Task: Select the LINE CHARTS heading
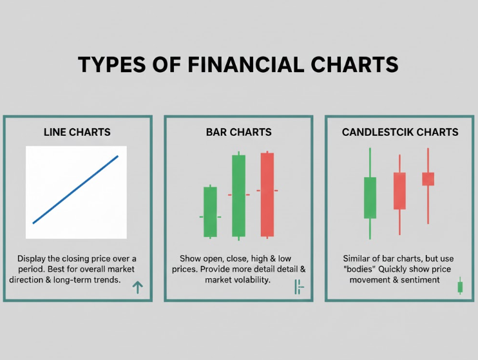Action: (77, 132)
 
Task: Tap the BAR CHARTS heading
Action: (238, 132)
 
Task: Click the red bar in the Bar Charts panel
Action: (267, 194)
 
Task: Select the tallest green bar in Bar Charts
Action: (238, 194)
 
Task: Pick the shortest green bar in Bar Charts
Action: (210, 211)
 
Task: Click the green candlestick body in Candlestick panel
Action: (370, 197)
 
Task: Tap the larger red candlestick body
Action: (399, 191)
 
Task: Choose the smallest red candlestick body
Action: (428, 178)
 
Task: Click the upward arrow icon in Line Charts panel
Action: (137, 288)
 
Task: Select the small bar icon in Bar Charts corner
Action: (298, 287)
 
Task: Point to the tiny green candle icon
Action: (460, 287)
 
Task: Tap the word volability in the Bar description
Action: (248, 280)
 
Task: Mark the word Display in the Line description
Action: (32, 258)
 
